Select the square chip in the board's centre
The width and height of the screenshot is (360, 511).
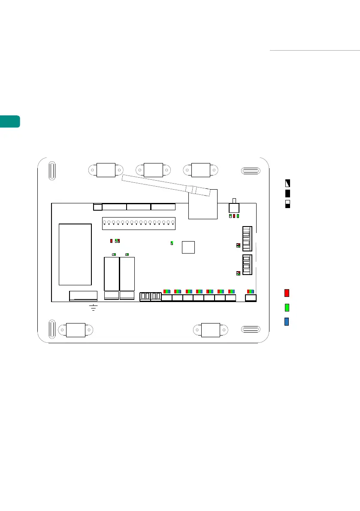coord(188,247)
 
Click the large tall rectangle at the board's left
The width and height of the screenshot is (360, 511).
coord(75,254)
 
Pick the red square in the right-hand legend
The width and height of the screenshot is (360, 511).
coord(287,293)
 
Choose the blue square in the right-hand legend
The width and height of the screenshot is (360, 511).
coord(287,322)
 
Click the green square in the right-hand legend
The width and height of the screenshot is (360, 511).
coord(287,308)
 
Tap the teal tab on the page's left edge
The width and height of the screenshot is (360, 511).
coord(10,121)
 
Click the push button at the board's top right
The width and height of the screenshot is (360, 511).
coord(234,207)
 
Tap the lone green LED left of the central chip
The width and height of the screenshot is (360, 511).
coord(172,243)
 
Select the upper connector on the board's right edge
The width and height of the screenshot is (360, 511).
coord(247,238)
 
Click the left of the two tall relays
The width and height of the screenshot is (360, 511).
coord(111,273)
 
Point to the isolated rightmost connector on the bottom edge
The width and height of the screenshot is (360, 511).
coord(251,298)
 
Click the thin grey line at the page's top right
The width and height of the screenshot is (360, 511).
coord(314,50)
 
